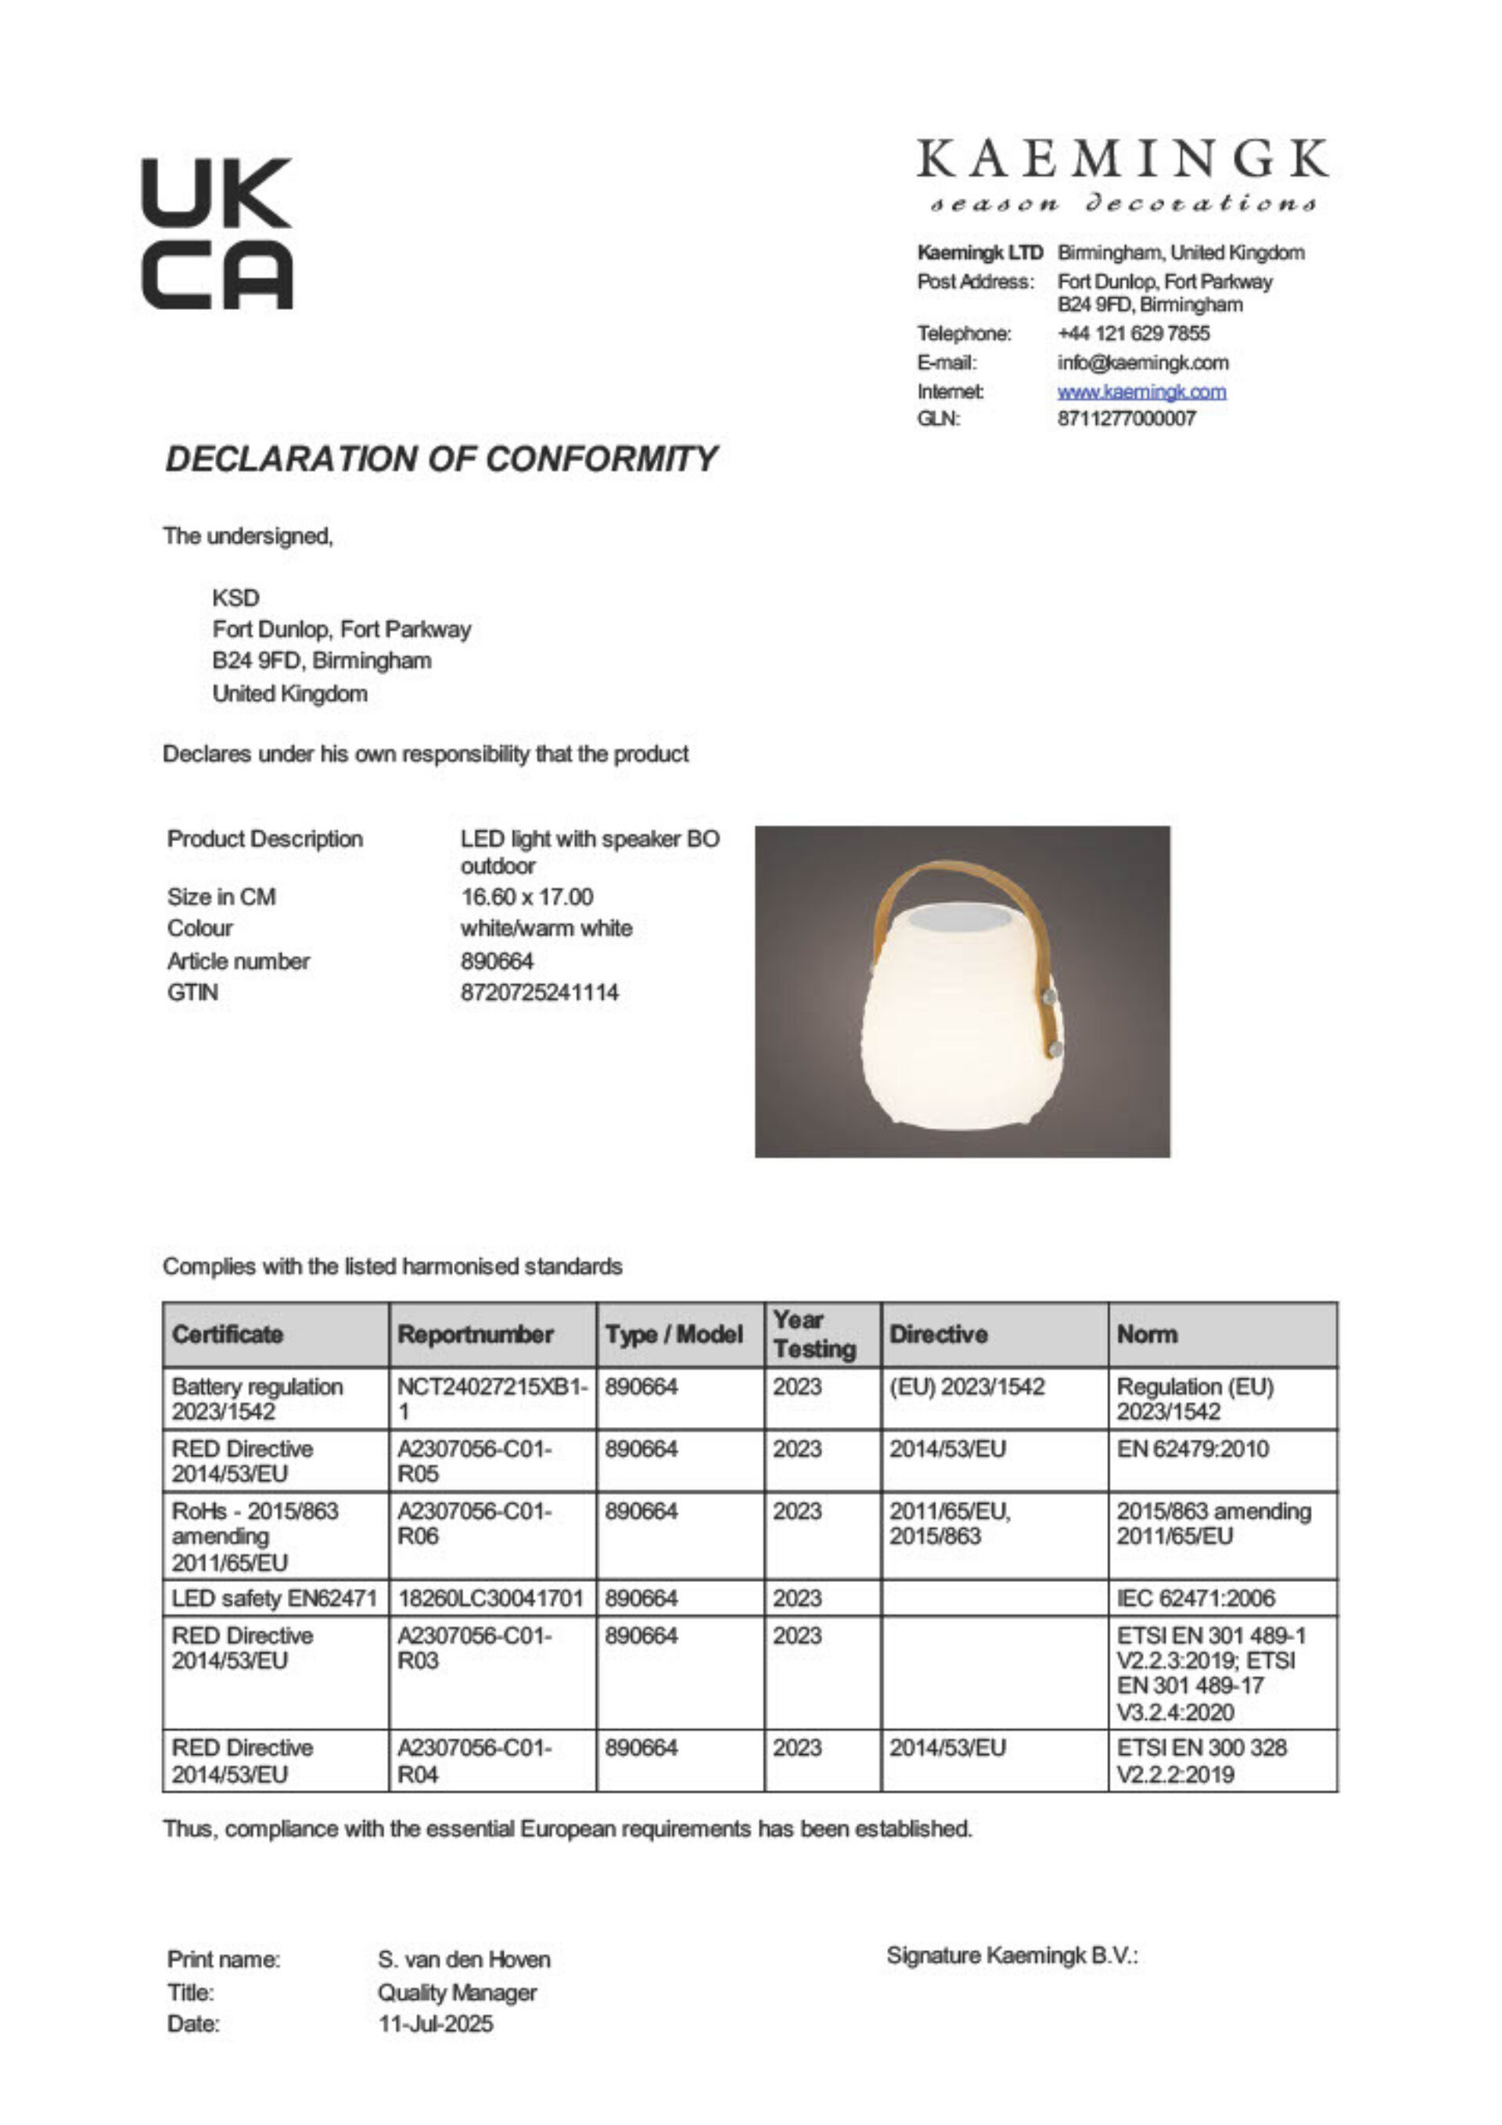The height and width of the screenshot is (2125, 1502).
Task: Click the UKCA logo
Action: [217, 233]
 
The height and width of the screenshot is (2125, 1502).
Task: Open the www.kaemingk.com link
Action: [1141, 391]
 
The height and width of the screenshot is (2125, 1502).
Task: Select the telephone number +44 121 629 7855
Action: [1133, 333]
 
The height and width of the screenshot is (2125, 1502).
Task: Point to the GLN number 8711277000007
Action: [1126, 419]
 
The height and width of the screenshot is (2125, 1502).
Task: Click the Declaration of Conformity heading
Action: [440, 459]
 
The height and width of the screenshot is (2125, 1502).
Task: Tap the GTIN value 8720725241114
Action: [540, 992]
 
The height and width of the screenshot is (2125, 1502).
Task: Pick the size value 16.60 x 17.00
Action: [526, 897]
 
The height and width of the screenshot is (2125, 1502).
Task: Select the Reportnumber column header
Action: [476, 1335]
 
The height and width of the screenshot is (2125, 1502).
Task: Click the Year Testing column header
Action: [814, 1335]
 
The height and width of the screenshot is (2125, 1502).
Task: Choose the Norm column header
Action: [1148, 1335]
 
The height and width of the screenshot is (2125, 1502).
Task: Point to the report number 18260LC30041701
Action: [490, 1598]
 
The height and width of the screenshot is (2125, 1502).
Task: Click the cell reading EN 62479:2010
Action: [1192, 1448]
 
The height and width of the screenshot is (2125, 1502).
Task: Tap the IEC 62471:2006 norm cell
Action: [1195, 1598]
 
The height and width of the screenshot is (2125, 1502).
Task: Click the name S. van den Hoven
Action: [464, 1959]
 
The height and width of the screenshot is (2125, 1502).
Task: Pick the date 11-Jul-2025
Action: [435, 2024]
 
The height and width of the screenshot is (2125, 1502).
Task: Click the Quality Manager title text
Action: [456, 1992]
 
